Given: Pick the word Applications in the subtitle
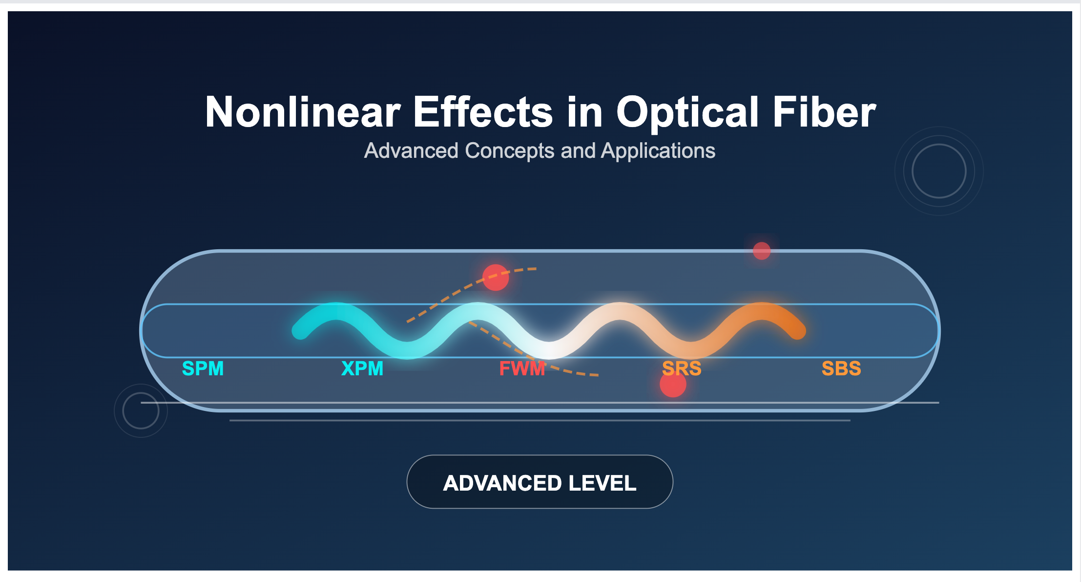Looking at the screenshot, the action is [x=658, y=151].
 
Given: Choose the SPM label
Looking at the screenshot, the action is [x=203, y=368].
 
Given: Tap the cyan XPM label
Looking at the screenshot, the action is [x=362, y=368].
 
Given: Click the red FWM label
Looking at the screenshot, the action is [x=522, y=368].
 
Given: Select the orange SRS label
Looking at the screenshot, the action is [x=682, y=368].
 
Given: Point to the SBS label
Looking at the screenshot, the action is [x=841, y=368].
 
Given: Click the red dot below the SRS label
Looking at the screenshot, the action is [x=673, y=384].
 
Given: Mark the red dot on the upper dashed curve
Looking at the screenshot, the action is [x=496, y=278].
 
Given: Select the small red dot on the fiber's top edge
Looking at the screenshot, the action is [x=762, y=251].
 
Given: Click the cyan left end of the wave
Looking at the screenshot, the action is [x=300, y=331].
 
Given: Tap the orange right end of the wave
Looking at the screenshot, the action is [x=797, y=331].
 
